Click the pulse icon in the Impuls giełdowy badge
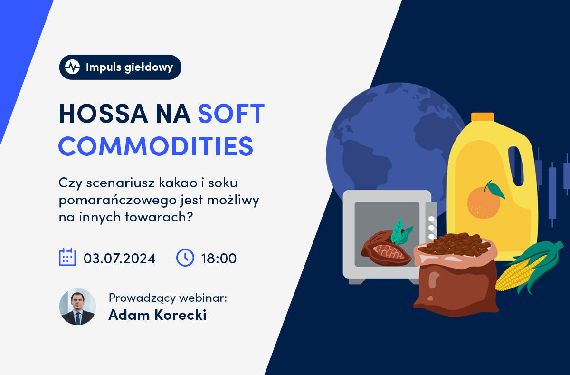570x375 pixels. click(72, 67)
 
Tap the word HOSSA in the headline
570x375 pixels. click(104, 114)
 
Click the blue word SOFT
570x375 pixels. click(231, 114)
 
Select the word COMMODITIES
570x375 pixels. click(156, 146)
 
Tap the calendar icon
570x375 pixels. click(67, 257)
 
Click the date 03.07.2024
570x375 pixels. click(120, 259)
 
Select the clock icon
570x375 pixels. click(185, 258)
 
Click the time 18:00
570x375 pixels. click(219, 259)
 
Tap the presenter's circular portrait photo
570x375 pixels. click(77, 307)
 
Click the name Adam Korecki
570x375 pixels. click(157, 315)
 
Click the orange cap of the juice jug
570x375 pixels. click(483, 117)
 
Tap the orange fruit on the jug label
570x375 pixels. click(484, 202)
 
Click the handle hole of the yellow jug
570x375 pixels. click(515, 166)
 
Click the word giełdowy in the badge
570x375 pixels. click(149, 67)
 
